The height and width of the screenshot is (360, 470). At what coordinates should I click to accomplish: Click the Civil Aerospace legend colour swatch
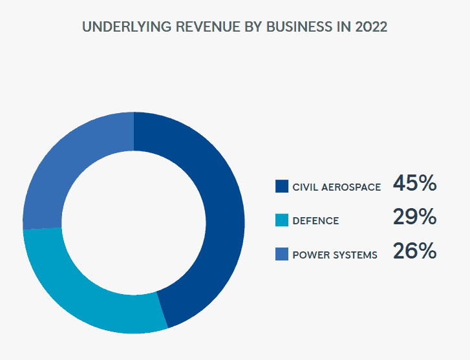click(x=281, y=187)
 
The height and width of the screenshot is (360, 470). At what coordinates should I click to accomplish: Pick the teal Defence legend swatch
click(x=281, y=220)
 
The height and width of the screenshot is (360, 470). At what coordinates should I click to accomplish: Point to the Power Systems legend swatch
click(x=281, y=254)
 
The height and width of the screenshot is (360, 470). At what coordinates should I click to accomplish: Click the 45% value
click(x=414, y=184)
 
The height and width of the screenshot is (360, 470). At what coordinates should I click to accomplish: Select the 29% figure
click(x=414, y=217)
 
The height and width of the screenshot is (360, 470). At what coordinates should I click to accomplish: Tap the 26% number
click(x=414, y=251)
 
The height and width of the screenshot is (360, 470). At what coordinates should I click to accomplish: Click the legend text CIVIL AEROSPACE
click(x=336, y=187)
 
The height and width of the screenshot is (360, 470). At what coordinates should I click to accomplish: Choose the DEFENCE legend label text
click(x=315, y=221)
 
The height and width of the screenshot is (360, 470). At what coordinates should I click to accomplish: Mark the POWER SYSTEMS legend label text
click(x=335, y=255)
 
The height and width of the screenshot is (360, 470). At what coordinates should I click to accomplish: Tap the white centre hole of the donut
click(x=134, y=222)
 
